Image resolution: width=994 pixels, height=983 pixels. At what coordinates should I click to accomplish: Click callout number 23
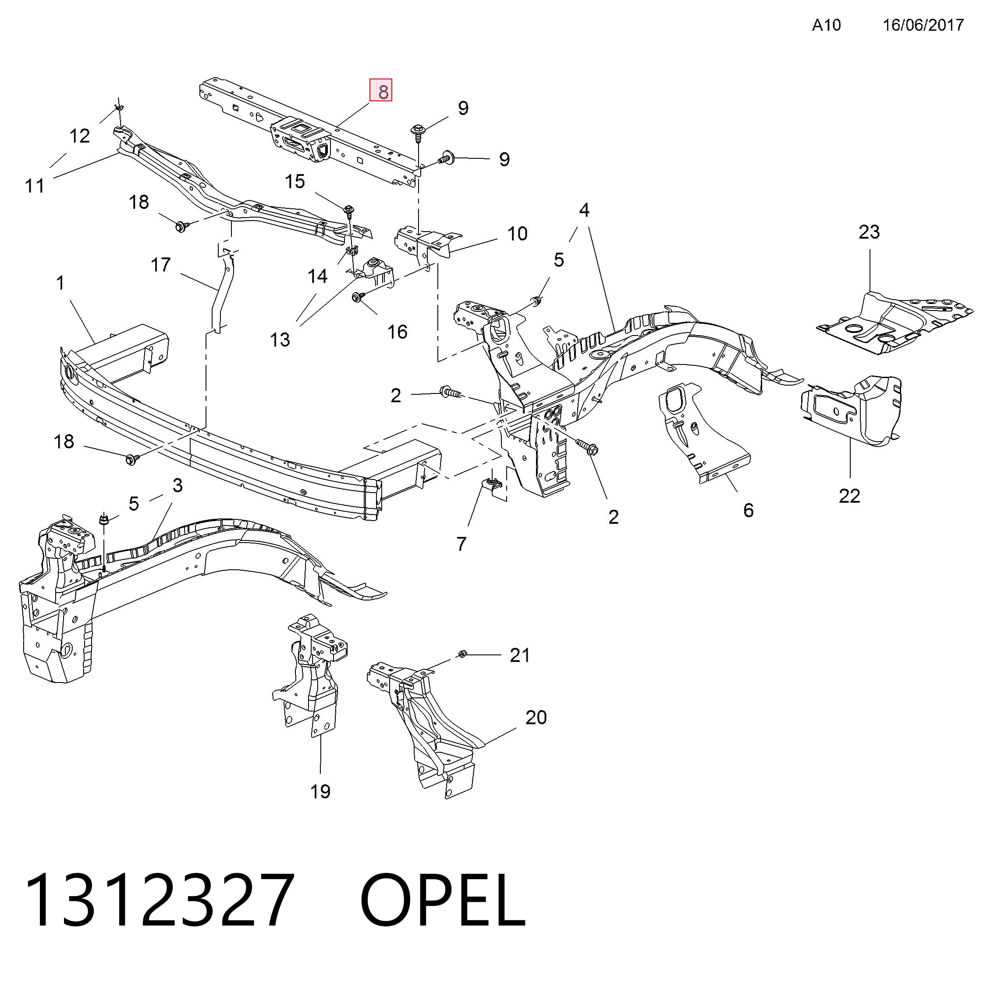869,232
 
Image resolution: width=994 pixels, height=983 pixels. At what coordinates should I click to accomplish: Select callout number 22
849,496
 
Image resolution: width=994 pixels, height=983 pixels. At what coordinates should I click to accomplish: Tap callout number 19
320,791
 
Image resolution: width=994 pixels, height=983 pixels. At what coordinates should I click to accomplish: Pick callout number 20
536,717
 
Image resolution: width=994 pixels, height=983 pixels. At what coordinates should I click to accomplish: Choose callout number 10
518,234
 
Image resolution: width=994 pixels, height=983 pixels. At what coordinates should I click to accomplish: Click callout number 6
749,510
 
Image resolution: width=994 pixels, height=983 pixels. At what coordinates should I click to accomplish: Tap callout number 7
461,544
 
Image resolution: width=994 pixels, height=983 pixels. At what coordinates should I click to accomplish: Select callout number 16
397,332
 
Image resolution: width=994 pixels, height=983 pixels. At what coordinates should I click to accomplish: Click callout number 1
61,282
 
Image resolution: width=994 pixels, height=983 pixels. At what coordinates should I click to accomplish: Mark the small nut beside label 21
461,654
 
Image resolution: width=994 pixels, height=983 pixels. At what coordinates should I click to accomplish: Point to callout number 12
80,136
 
